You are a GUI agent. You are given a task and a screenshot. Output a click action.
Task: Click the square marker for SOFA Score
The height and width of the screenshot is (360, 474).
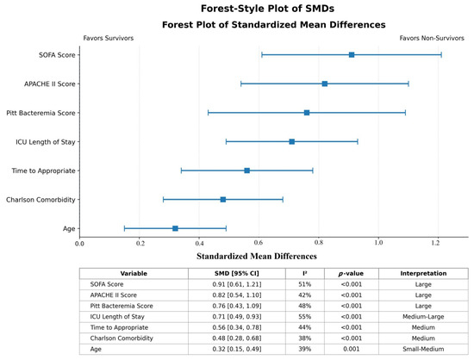[x=352, y=54]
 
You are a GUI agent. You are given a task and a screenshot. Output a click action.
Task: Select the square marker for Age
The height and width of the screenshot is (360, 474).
[x=175, y=228]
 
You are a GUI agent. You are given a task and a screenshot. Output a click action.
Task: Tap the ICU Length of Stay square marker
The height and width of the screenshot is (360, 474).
[x=291, y=141]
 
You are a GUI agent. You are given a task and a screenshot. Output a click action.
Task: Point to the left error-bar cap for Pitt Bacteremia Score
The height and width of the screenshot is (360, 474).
[x=208, y=113]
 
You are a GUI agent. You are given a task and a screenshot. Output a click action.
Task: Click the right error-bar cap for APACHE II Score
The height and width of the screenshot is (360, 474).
[x=409, y=84]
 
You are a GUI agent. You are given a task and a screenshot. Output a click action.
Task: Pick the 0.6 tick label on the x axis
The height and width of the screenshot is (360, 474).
[x=259, y=243]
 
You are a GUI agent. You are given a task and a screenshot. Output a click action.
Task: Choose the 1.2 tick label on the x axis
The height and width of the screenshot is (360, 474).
[x=435, y=243]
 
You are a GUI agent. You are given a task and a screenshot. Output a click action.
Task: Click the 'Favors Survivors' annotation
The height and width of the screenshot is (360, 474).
[x=109, y=38]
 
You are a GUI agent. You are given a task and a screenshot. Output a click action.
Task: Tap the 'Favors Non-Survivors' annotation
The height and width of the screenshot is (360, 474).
[x=432, y=38]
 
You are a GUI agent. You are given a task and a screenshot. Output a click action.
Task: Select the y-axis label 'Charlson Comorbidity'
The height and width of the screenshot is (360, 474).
[x=41, y=200]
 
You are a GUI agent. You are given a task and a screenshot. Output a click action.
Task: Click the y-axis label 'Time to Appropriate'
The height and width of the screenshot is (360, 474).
[x=44, y=171]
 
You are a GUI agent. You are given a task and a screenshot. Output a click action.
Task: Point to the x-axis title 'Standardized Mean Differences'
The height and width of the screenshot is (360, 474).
[x=257, y=256]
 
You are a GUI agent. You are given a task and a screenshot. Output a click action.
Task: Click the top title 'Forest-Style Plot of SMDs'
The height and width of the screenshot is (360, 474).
[x=267, y=9]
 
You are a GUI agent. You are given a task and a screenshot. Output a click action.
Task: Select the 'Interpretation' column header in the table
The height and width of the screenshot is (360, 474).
[x=423, y=273]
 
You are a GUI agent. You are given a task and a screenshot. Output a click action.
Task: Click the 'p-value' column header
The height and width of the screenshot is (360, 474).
[x=351, y=274]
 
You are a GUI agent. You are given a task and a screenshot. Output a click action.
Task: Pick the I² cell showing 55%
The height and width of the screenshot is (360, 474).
[x=305, y=317]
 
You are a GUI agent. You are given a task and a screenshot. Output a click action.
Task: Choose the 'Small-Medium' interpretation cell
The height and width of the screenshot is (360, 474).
[x=423, y=349]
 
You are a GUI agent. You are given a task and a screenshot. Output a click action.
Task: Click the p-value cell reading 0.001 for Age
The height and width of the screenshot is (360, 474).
[x=352, y=349]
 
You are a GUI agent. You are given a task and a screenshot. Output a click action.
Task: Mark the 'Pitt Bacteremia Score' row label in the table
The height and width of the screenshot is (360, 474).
[x=122, y=306]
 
